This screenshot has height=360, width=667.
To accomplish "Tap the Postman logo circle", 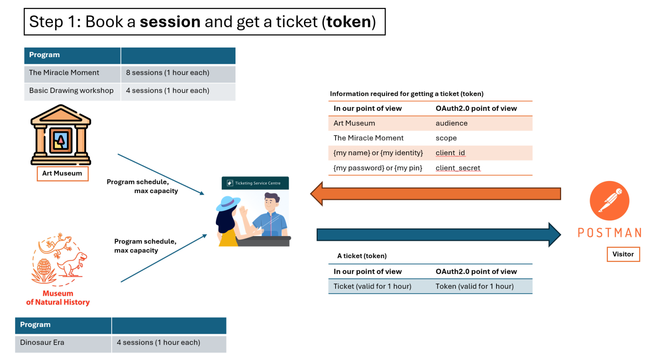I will (x=609, y=201).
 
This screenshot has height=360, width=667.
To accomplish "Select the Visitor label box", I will (x=623, y=254).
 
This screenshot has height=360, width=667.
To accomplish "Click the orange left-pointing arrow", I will (x=436, y=194).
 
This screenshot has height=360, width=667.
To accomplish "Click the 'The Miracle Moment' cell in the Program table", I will (x=64, y=73).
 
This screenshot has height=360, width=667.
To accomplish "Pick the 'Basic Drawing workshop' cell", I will (x=71, y=91).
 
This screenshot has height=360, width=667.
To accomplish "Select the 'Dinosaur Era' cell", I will (x=42, y=342).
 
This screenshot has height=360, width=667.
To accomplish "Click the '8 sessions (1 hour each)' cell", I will (x=168, y=73).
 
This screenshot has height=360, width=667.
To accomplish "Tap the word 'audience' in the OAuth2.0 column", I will (x=451, y=123).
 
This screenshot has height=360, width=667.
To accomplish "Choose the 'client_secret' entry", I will (x=458, y=168).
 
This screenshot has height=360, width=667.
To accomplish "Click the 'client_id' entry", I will (x=450, y=153).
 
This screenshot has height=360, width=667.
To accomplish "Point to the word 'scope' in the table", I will (x=446, y=138).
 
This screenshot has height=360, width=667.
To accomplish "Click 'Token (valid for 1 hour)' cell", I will (x=474, y=286).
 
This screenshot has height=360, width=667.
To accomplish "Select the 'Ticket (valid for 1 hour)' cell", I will (x=372, y=286).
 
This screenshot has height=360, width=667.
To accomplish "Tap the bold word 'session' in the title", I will (x=170, y=22).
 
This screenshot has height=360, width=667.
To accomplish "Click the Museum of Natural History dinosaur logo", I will (x=60, y=259).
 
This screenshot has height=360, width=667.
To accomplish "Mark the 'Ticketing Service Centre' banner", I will (x=255, y=183).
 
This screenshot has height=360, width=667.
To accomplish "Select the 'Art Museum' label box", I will (x=62, y=174).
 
